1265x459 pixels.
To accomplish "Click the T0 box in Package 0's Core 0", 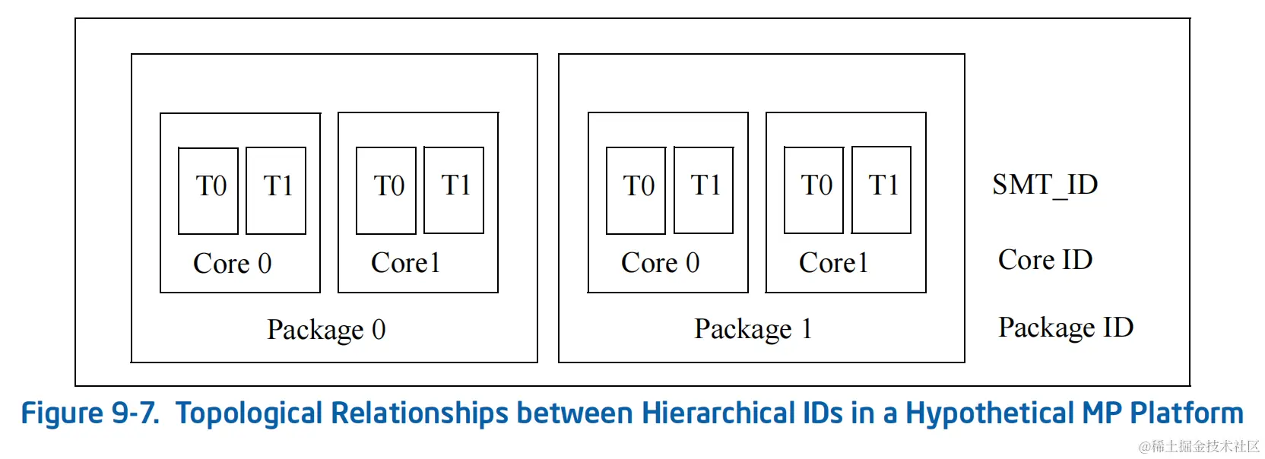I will (x=208, y=190).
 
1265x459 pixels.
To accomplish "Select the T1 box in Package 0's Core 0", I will (x=276, y=190).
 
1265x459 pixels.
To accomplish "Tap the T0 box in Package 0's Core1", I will (x=386, y=190).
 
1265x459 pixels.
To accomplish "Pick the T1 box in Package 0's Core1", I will (x=454, y=190).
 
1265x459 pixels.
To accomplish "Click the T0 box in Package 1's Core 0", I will (x=636, y=190).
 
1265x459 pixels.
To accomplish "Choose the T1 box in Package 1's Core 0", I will (x=704, y=190).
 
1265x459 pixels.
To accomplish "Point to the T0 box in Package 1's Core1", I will (x=814, y=190).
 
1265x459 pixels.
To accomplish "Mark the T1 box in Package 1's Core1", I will (x=882, y=190).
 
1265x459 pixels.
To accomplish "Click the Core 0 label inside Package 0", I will (x=232, y=264).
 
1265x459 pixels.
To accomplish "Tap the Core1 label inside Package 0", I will (x=405, y=263).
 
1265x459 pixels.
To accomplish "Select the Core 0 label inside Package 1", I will (x=660, y=263).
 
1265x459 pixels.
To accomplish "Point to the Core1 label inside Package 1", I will (x=833, y=263).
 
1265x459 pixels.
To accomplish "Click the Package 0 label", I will (x=326, y=330).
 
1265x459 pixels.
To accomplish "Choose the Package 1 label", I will (x=753, y=329).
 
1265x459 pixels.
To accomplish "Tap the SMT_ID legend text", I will (x=1045, y=185).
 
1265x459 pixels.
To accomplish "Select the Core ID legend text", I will (x=1045, y=260).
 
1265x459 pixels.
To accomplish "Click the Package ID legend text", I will (x=1066, y=328).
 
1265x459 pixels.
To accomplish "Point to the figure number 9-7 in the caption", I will (x=135, y=413).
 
